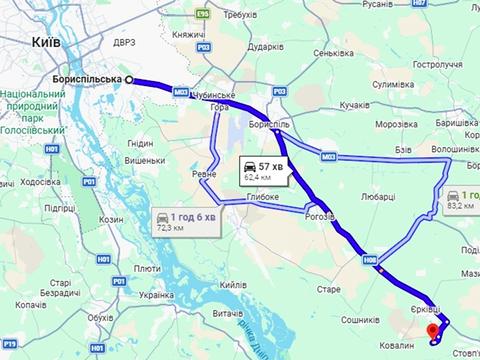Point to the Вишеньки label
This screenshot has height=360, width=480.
[143, 160]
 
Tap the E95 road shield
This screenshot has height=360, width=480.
[205, 15]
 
